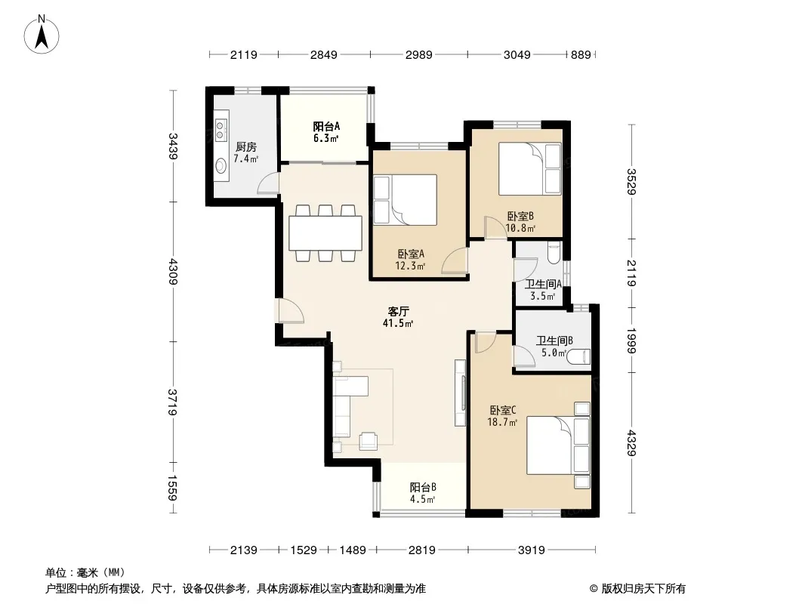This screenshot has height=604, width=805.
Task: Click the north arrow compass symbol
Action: pos(42,35)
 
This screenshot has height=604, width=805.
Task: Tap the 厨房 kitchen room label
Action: pos(245,147)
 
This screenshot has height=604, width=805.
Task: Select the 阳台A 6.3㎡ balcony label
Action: pos(326,132)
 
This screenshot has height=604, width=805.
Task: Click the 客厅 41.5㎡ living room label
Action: pos(398,317)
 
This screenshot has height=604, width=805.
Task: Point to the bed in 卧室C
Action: pos(558,445)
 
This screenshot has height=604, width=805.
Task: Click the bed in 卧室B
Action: pos(530,169)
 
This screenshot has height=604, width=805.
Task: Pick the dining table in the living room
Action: pos(325,233)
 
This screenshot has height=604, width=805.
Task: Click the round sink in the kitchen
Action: pos(221,165)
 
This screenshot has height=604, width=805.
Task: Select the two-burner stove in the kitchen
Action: pos(221,131)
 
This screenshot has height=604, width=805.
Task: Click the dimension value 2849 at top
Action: pos(323,54)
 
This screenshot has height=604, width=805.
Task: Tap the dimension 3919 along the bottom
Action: pos(532,550)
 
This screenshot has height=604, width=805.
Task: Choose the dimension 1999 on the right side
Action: pos(631,341)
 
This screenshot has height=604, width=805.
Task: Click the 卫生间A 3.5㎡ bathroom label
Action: pos(543,290)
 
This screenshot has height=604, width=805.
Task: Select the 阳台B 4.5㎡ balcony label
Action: pos(423,493)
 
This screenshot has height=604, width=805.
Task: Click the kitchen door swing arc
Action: pos(267,183)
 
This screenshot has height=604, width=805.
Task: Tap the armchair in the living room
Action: pos(368,440)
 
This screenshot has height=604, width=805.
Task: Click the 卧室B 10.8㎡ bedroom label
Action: pos(520,222)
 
